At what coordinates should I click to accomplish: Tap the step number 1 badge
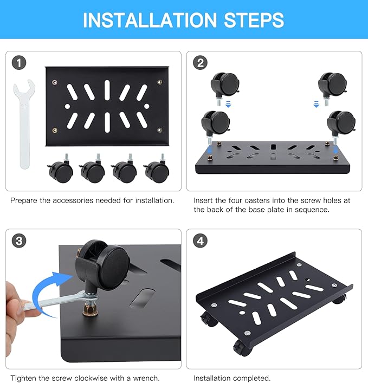click(20, 63)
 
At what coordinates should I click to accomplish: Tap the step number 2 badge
click(201, 63)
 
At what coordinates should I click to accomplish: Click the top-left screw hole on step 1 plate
click(54, 82)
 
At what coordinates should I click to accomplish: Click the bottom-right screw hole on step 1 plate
click(159, 130)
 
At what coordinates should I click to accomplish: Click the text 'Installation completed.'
click(232, 378)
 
